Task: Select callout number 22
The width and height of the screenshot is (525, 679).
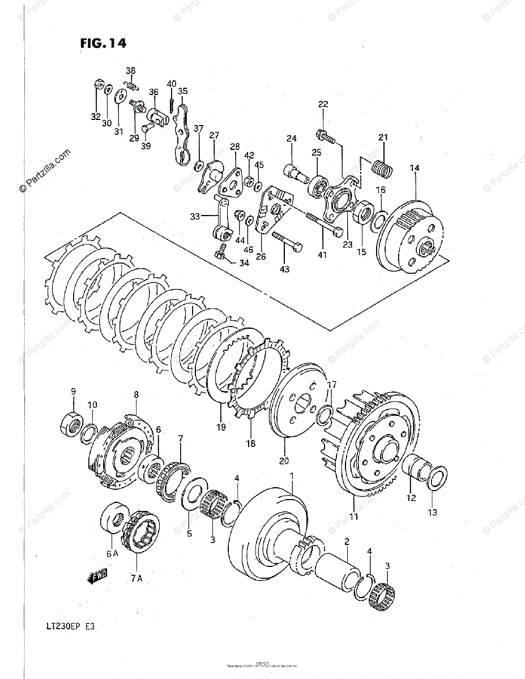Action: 323,104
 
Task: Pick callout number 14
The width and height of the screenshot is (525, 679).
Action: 415,168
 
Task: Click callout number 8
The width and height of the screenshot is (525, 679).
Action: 136,394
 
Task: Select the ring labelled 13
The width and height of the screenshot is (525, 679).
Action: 436,478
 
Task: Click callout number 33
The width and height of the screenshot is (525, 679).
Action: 195,216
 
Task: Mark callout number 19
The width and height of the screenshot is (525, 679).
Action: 221,427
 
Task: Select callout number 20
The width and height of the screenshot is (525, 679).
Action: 284,460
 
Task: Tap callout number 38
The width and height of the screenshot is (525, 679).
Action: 131,71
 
